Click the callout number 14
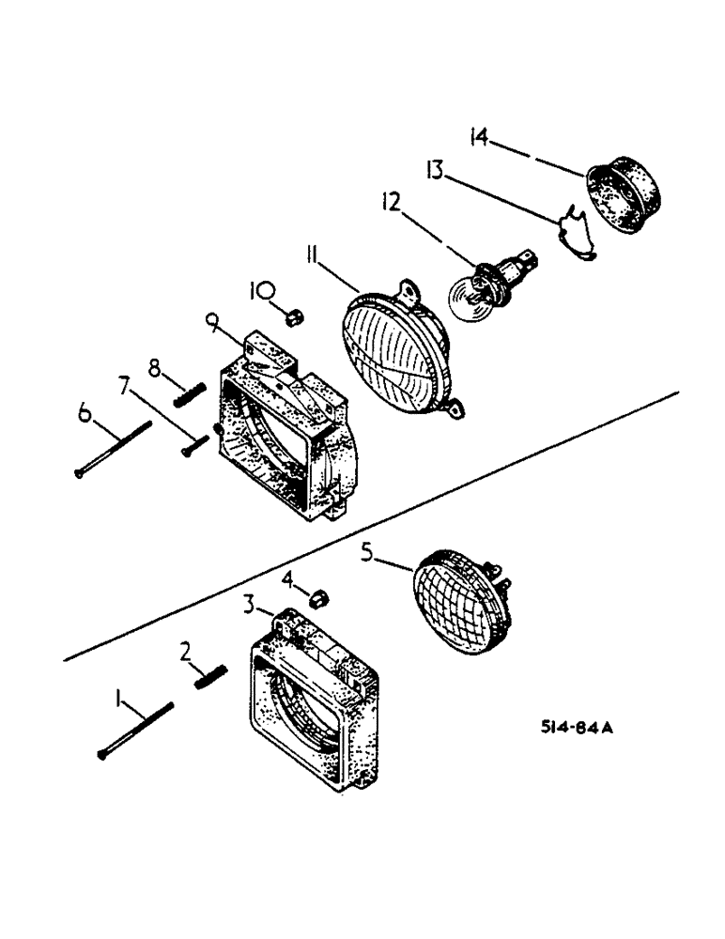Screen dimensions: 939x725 pos(479,139)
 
